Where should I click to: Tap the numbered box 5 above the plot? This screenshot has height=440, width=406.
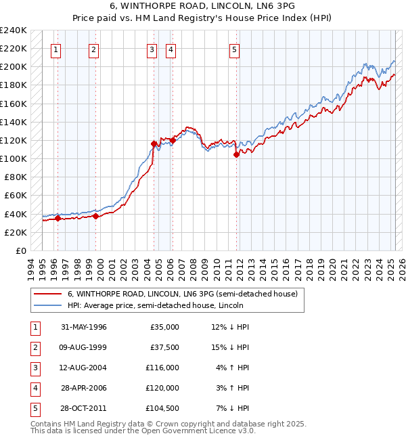[x=234, y=49]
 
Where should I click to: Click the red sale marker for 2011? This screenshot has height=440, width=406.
[x=237, y=154]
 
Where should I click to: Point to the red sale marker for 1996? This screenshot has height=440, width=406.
[x=58, y=218]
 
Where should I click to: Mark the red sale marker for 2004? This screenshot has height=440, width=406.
[x=154, y=144]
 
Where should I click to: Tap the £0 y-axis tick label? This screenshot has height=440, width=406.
[x=20, y=250]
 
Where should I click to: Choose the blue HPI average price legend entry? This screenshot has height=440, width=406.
[x=155, y=305]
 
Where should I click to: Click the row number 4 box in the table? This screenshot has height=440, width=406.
[x=34, y=388]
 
